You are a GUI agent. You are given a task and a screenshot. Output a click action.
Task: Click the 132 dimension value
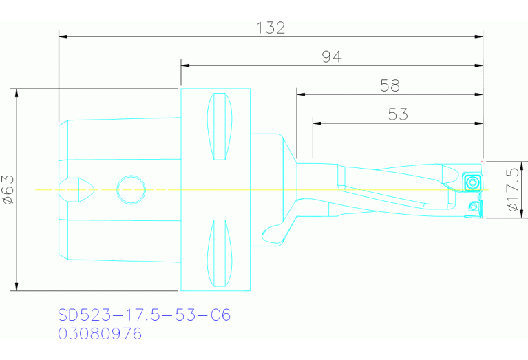pos(271,28)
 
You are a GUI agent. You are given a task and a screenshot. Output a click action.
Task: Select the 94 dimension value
pos(332,57)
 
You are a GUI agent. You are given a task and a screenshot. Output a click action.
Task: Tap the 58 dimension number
pos(390,85)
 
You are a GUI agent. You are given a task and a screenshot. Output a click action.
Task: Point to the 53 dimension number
pos(398,114)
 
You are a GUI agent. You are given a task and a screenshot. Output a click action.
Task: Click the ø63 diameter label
pos(9,189)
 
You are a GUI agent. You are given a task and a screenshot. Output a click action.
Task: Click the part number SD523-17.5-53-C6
pos(144,315)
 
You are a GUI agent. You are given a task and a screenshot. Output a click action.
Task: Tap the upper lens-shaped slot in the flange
pos(220,126)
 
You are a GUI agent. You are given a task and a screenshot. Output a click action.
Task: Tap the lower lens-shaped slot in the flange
pos(220,253)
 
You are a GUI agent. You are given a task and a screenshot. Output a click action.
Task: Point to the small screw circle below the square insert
pos(473,206)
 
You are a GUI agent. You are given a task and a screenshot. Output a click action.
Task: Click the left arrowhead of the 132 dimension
pos(63,35)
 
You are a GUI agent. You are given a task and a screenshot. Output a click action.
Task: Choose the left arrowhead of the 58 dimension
pos(300,94)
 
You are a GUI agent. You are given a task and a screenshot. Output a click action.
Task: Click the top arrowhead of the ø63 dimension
pos(15,92)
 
